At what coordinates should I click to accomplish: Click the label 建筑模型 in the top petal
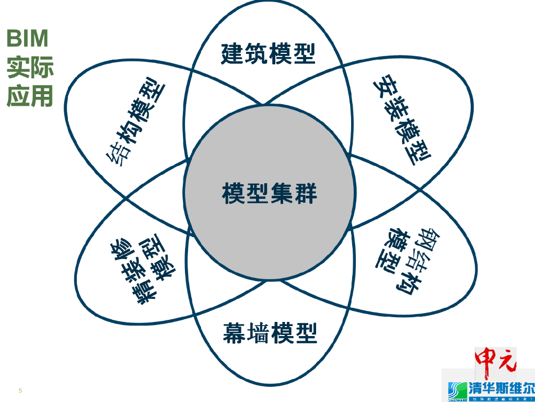(x=269, y=53)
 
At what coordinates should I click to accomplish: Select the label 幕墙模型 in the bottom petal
(x=270, y=332)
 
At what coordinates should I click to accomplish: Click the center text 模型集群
(x=270, y=193)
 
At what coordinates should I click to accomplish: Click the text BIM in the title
(x=27, y=38)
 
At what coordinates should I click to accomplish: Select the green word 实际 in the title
(x=30, y=68)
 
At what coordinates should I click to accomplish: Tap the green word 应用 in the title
(x=30, y=96)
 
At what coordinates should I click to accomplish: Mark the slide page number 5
(x=20, y=390)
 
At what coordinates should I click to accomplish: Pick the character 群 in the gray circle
(x=306, y=193)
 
